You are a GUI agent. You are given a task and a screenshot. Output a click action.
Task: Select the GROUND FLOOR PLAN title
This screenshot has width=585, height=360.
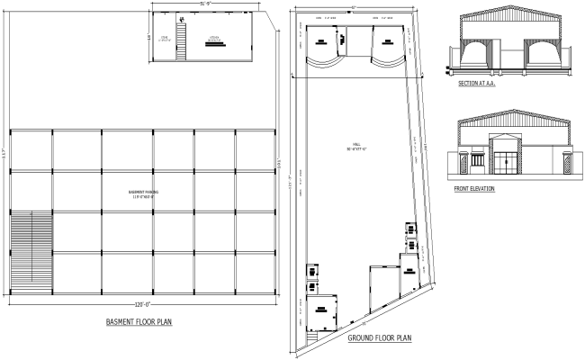379,338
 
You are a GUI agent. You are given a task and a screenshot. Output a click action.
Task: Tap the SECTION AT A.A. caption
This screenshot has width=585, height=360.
477,83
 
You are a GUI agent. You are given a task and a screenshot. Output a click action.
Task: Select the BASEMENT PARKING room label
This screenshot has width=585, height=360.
142,193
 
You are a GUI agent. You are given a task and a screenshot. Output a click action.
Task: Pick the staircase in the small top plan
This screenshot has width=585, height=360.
180,40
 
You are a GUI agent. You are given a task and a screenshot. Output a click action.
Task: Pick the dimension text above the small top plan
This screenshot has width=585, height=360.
206,5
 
